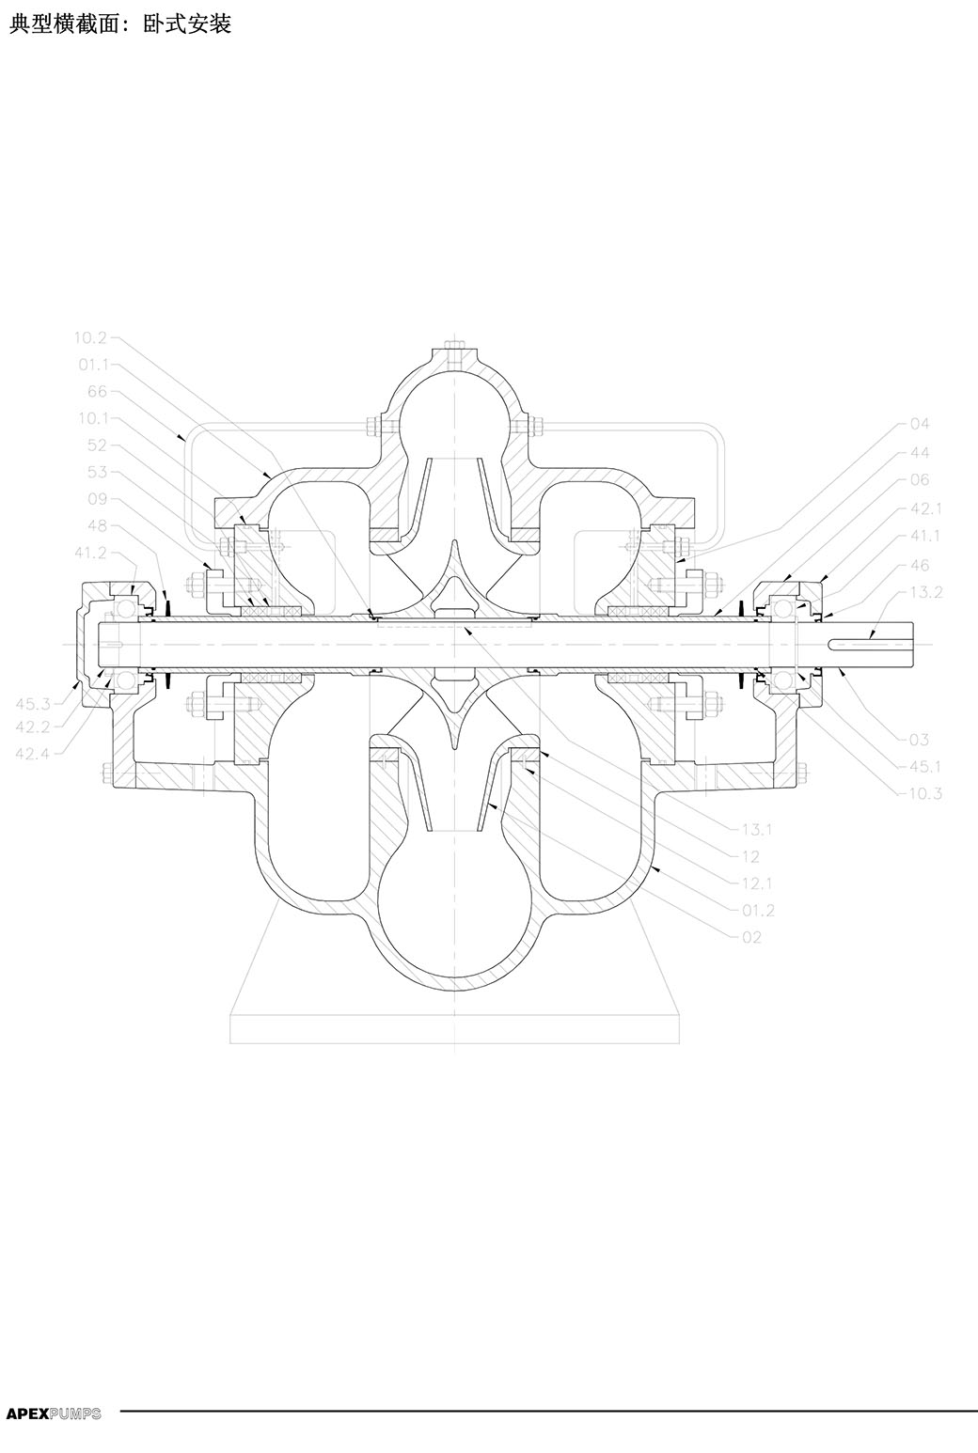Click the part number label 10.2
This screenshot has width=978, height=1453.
90,337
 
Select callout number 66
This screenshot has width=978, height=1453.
98,391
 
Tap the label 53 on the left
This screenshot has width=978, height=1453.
98,472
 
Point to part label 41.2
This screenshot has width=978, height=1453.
90,553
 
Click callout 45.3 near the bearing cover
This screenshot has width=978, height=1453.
33,704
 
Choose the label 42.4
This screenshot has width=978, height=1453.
33,753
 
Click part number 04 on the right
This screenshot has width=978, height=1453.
920,424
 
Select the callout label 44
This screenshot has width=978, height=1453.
920,452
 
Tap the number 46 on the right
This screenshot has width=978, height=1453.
920,565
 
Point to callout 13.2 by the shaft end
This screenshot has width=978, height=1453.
926,592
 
